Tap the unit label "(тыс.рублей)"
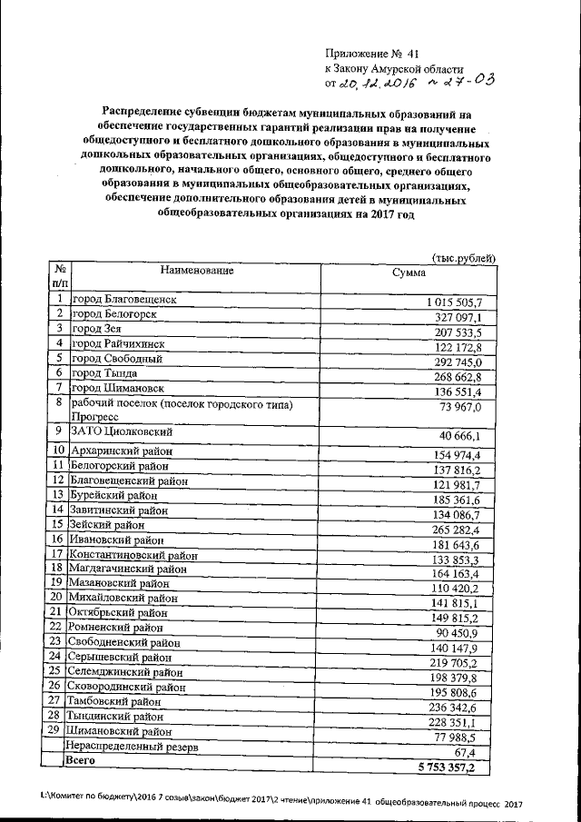click(464, 258)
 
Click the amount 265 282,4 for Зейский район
click(462, 530)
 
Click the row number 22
click(55, 626)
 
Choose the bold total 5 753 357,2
click(454, 768)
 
